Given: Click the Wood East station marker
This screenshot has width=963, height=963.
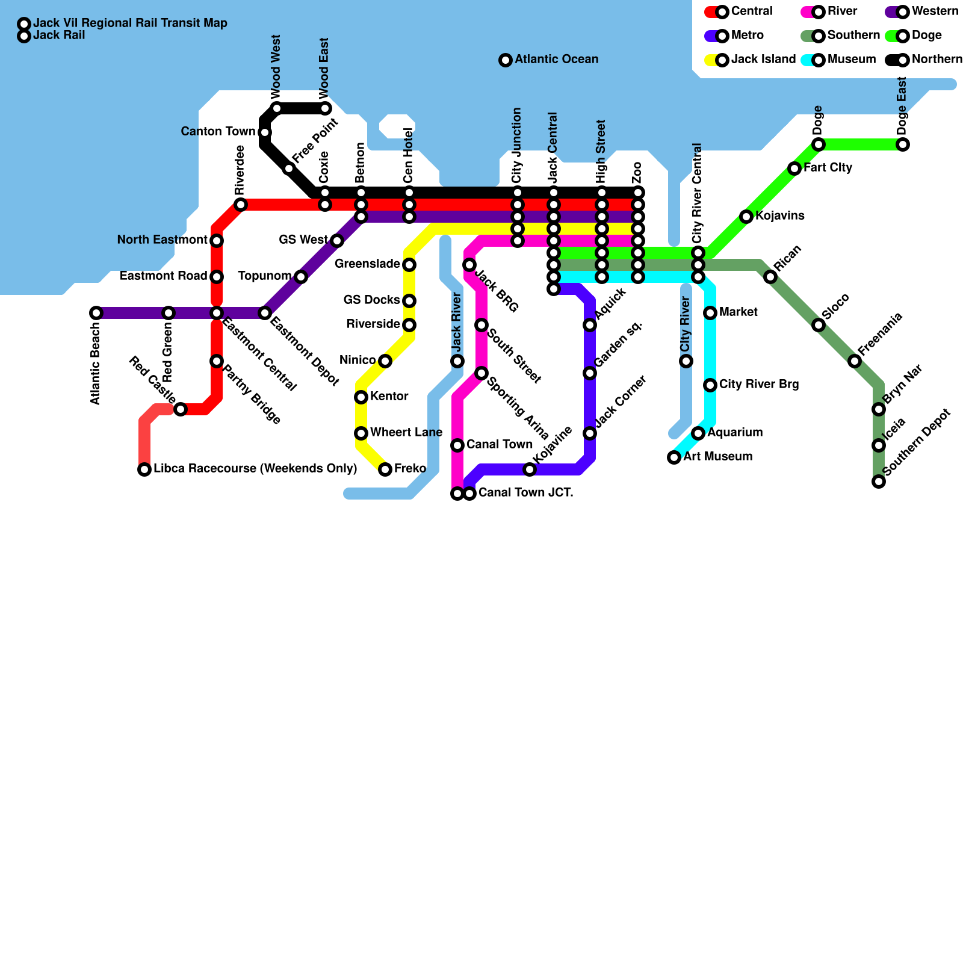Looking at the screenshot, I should tap(325, 108).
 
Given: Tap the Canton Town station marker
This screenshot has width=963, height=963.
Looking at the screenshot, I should tap(265, 132).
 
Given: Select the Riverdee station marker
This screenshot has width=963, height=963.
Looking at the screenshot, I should tap(241, 205).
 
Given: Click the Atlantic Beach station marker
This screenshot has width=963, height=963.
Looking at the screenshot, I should tap(96, 313).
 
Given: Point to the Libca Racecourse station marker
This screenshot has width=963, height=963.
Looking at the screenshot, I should tap(144, 469).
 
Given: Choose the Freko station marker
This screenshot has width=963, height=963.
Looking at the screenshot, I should tap(385, 469).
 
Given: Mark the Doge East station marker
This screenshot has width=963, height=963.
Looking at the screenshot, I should tap(903, 144).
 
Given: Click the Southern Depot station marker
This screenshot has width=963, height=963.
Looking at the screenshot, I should tap(879, 482).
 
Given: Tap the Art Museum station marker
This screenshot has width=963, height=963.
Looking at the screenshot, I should tap(674, 457).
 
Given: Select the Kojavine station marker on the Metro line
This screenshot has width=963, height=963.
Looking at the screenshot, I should tap(530, 469).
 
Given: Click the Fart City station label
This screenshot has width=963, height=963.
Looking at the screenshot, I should tap(828, 168).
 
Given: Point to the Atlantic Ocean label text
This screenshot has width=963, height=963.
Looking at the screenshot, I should tap(556, 60).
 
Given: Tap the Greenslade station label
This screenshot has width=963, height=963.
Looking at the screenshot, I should tap(367, 264).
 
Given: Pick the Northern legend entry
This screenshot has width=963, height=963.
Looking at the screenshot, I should tap(924, 60).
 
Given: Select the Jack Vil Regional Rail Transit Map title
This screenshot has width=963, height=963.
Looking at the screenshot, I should tap(130, 23).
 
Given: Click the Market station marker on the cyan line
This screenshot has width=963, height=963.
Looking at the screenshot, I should tap(710, 313).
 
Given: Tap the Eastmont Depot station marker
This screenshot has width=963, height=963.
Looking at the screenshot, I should tap(265, 313).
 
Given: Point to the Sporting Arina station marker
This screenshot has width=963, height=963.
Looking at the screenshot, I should tap(482, 373).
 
